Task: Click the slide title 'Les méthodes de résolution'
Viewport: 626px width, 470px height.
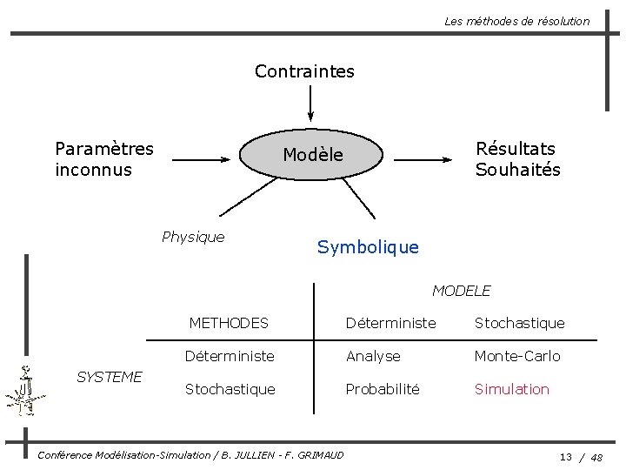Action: tap(516, 21)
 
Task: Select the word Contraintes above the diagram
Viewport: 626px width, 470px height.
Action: tap(304, 71)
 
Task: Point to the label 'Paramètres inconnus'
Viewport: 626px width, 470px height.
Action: tap(103, 158)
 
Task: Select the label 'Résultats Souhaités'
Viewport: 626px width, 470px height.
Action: tap(517, 159)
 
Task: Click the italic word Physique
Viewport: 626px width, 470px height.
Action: tap(193, 237)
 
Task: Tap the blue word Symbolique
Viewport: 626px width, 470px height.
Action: tap(368, 247)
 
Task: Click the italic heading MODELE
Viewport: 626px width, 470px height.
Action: tap(461, 291)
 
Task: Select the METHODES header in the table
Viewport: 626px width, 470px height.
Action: tap(229, 323)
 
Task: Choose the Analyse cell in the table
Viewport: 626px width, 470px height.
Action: tap(373, 356)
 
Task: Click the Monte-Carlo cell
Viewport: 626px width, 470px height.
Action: tap(516, 356)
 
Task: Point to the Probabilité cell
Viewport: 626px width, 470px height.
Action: tap(383, 389)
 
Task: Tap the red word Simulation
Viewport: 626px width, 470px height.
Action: tap(511, 389)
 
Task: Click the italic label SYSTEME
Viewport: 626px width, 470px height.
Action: tap(110, 377)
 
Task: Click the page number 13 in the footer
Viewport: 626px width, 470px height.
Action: tap(565, 457)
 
